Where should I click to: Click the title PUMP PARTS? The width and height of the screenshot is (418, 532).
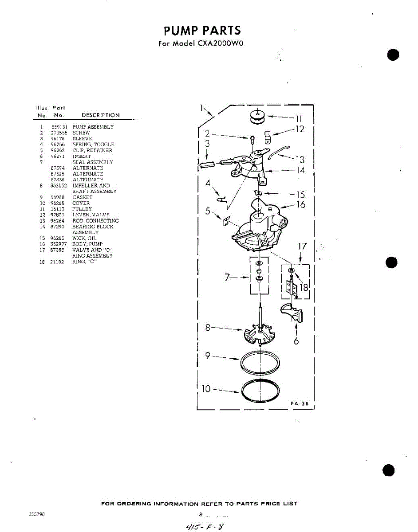point(202,31)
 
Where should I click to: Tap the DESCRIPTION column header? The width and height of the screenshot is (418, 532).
point(100,115)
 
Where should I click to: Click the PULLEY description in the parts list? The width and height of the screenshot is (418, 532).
point(82,209)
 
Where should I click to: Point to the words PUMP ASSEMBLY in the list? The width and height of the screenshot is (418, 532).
point(93,127)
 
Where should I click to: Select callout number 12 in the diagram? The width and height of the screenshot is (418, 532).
point(300,129)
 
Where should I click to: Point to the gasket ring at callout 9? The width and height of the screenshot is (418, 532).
point(260,364)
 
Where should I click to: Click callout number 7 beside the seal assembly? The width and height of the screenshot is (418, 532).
point(228,278)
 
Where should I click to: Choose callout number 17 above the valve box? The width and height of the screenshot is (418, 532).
point(302,246)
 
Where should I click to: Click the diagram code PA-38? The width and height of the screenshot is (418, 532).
point(299,404)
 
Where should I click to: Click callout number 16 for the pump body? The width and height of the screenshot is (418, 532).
point(301,205)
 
